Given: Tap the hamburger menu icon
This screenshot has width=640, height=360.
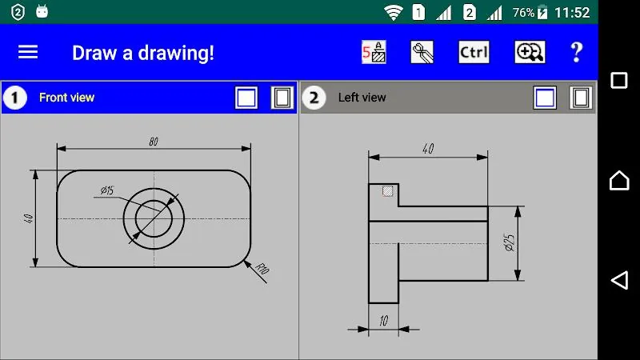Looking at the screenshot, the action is click(28, 52).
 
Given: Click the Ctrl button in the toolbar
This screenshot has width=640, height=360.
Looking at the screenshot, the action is click(474, 52).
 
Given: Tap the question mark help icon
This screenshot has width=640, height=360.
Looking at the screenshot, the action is click(576, 52).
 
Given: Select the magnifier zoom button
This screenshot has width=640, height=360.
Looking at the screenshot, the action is click(530, 52).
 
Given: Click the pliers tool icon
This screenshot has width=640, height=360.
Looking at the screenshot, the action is click(422, 52).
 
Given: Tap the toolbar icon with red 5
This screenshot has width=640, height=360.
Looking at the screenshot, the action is click(374, 52).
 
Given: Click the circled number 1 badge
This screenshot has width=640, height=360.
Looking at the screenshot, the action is click(14, 98).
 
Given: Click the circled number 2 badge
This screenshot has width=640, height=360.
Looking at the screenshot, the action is click(314, 98).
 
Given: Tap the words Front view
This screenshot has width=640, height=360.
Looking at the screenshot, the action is click(66, 98).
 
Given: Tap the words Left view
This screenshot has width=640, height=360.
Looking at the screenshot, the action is click(362, 98).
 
